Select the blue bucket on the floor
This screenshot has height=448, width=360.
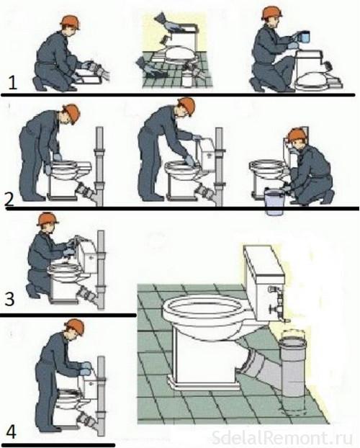point(274,201)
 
